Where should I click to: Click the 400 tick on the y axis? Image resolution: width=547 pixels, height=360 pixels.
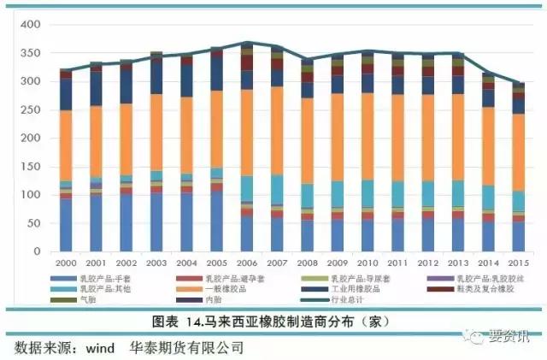(x=30, y=25)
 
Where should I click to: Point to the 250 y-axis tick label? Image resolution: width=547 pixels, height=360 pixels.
(x=30, y=110)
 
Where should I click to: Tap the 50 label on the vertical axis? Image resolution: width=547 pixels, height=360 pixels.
(x=33, y=223)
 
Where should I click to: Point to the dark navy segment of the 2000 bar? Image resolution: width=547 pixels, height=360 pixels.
(x=66, y=94)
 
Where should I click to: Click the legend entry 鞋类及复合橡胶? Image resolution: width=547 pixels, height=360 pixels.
(x=484, y=290)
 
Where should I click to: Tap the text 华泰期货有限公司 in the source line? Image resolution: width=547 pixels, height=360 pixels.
(x=187, y=349)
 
